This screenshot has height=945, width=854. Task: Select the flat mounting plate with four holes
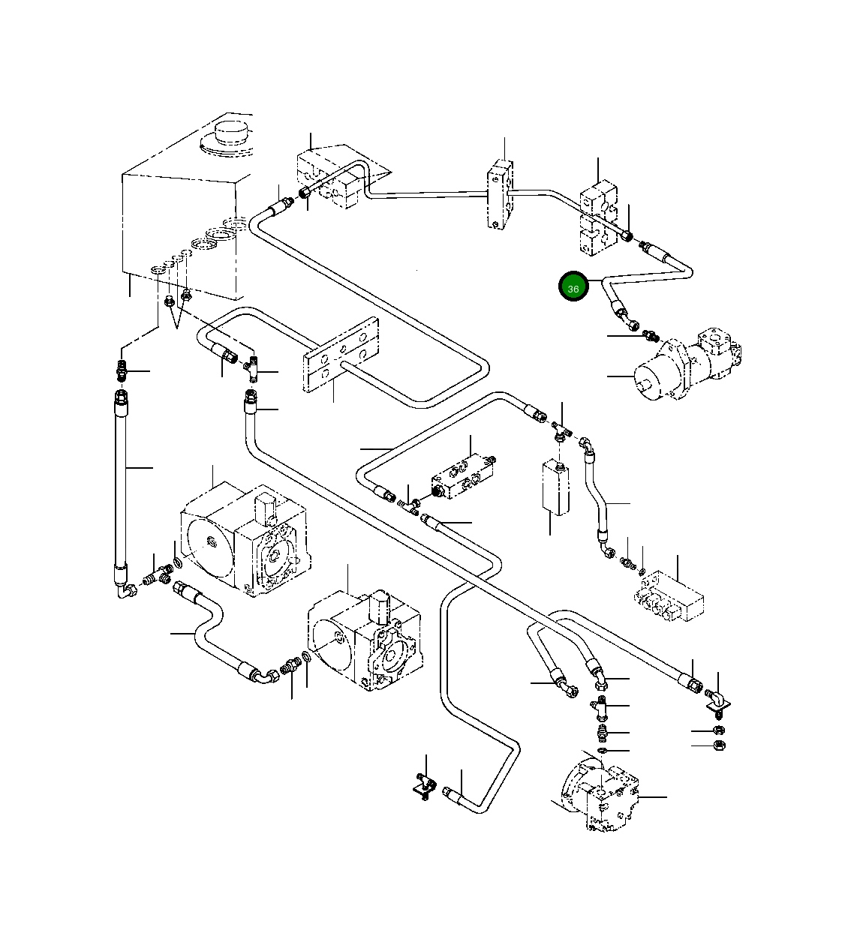341,354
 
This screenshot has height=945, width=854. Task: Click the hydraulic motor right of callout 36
687,364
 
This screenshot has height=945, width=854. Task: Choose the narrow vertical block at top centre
500,194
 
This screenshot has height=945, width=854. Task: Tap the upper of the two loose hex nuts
719,730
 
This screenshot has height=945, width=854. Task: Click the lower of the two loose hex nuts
719,745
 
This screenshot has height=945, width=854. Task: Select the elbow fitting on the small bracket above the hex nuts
717,700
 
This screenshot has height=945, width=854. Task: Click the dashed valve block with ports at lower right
669,597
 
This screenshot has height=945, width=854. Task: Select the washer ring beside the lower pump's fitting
306,657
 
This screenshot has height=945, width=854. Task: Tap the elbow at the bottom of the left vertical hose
125,589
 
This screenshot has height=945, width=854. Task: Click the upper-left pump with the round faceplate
245,538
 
